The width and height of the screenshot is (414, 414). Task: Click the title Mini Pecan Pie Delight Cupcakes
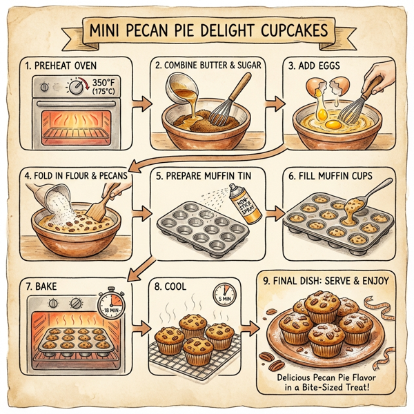click(x=207, y=32)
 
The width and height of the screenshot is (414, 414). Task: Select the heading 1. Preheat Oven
click(x=61, y=68)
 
